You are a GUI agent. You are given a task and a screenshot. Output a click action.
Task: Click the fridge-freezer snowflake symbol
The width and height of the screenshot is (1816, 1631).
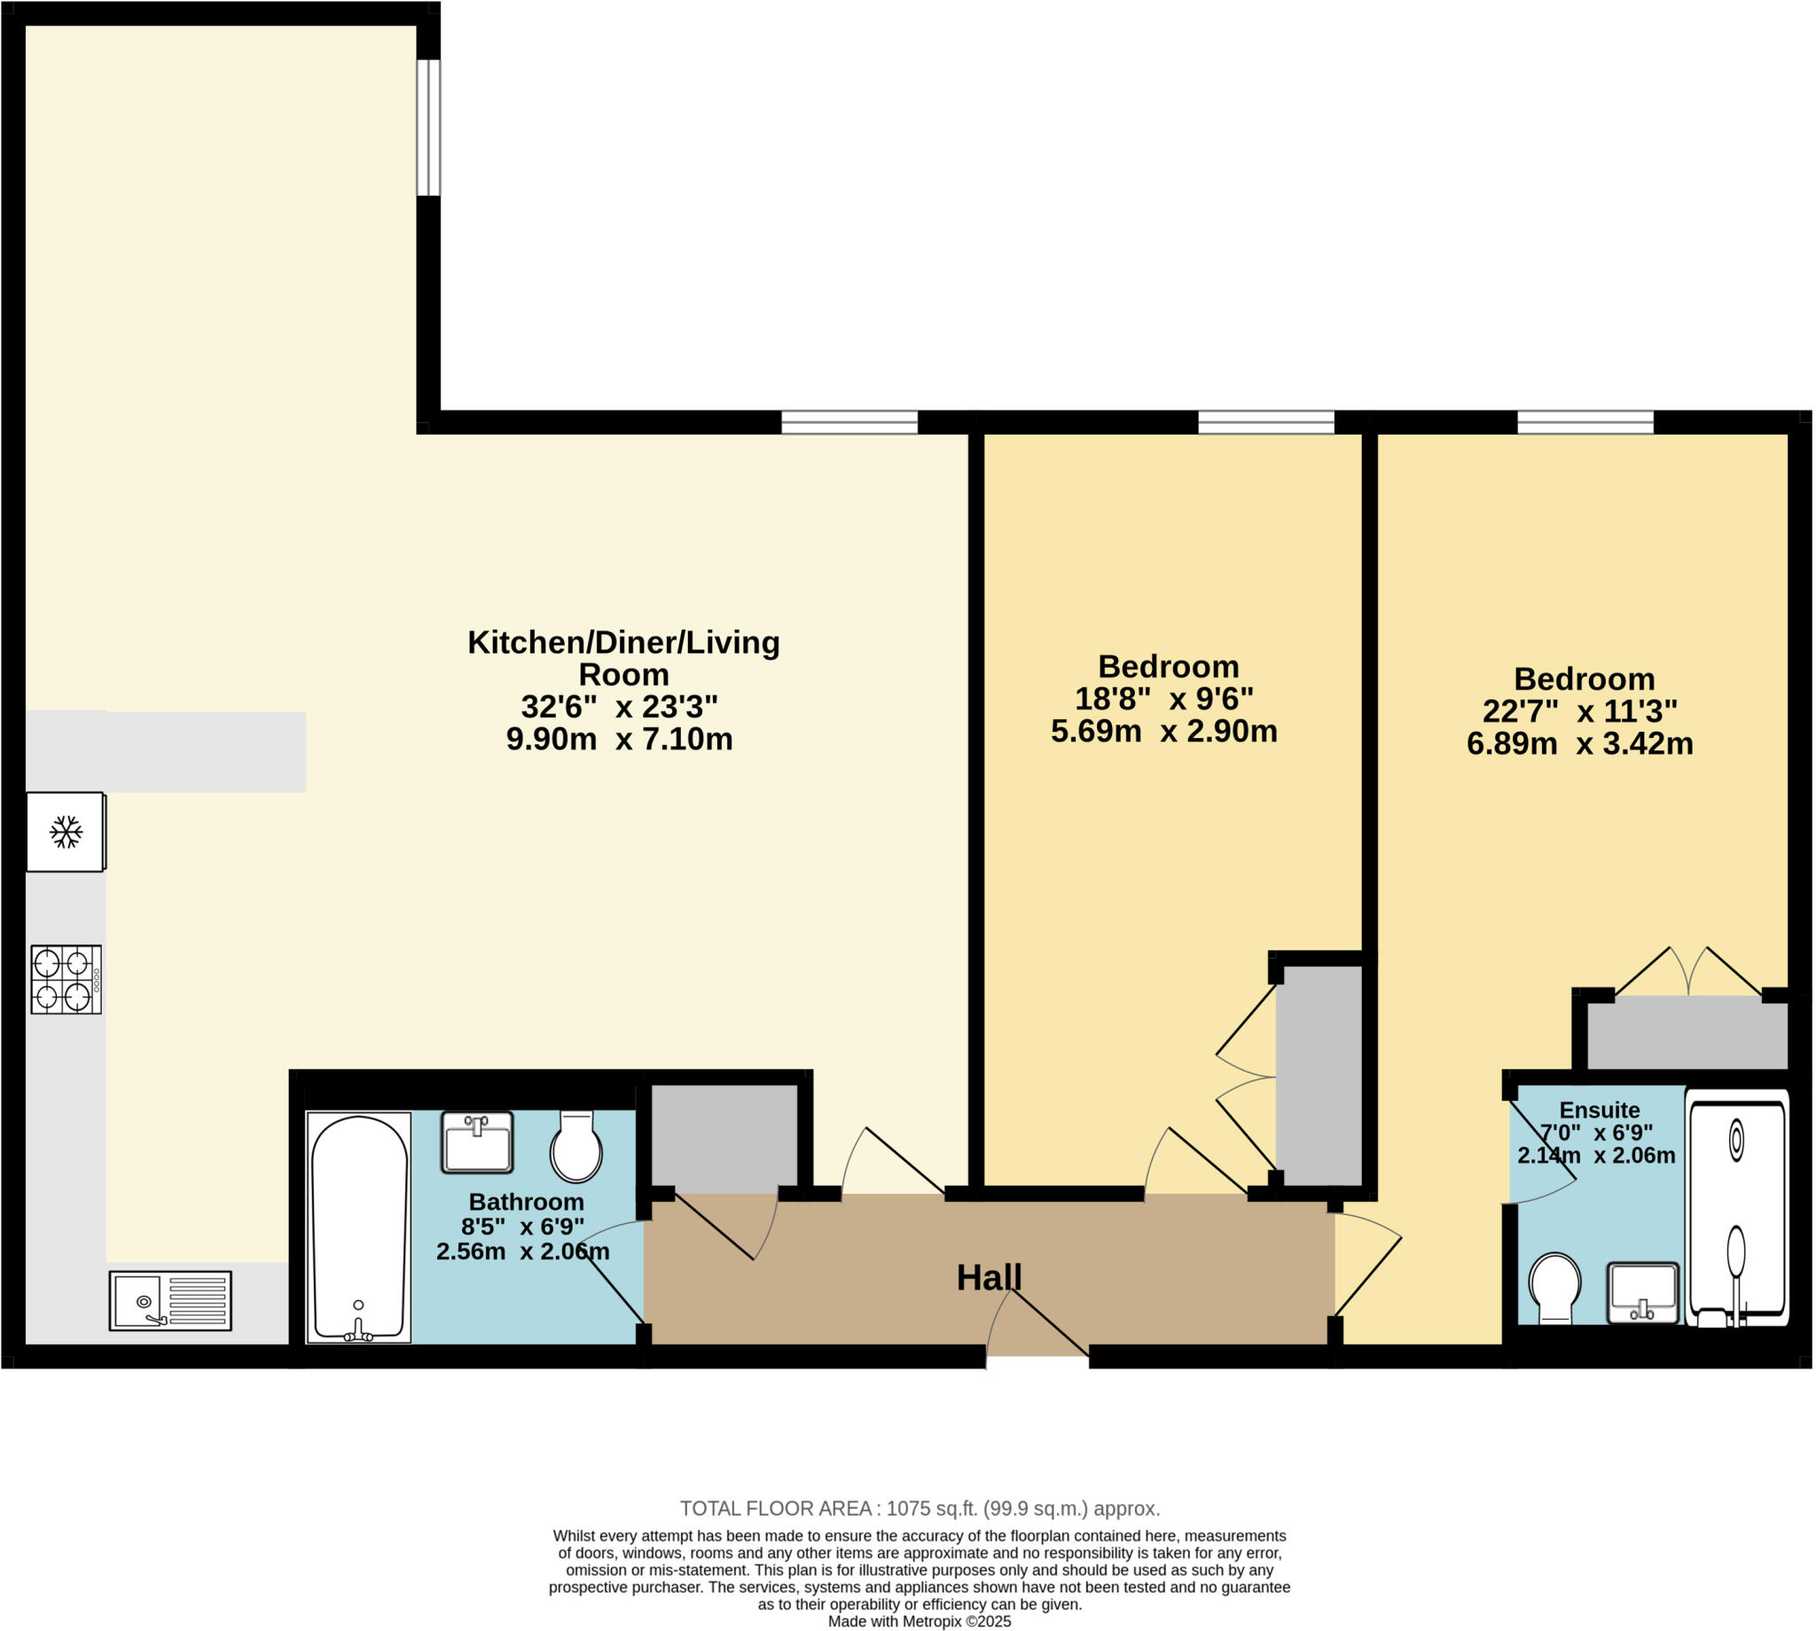[x=66, y=832]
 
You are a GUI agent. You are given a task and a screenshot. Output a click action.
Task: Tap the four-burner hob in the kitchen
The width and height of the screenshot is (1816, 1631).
[x=66, y=979]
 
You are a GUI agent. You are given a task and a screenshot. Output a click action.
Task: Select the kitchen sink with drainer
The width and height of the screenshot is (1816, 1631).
[x=170, y=1300]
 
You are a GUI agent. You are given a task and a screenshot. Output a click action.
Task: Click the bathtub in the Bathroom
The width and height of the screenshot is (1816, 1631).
[x=358, y=1227]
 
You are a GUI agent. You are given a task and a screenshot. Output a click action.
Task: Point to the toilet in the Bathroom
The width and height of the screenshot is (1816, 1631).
[x=576, y=1146]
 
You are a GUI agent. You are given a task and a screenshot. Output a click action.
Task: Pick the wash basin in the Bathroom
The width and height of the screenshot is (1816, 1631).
[x=477, y=1141]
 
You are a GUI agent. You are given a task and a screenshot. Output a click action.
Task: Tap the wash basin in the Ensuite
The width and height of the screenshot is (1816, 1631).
[x=1642, y=1292]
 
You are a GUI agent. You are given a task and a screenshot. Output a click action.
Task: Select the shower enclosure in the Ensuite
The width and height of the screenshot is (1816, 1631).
[x=1736, y=1207]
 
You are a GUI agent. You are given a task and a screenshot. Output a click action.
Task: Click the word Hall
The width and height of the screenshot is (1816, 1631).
[x=988, y=1278]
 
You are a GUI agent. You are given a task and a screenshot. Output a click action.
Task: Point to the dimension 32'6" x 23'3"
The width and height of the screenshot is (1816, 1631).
[x=619, y=707]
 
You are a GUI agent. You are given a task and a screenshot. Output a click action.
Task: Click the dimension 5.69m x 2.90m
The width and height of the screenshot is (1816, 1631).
[x=1162, y=733]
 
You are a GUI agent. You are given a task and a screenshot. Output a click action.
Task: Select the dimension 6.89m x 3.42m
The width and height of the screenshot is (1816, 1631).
[x=1579, y=744]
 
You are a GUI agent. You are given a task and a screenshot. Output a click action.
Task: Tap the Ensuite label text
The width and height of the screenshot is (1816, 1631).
[x=1599, y=1110]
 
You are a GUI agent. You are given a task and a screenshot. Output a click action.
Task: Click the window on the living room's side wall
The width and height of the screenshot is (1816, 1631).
[x=428, y=127]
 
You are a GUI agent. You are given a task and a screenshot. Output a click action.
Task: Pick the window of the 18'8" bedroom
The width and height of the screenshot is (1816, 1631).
[x=1265, y=421]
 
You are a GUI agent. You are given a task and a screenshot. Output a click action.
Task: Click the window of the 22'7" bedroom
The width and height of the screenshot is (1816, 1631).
[x=1584, y=421]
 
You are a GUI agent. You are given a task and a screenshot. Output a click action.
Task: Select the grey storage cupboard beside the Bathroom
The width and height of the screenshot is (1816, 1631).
[x=723, y=1138]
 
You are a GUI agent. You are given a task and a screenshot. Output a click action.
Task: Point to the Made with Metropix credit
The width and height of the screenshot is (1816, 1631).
[x=920, y=1621]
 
